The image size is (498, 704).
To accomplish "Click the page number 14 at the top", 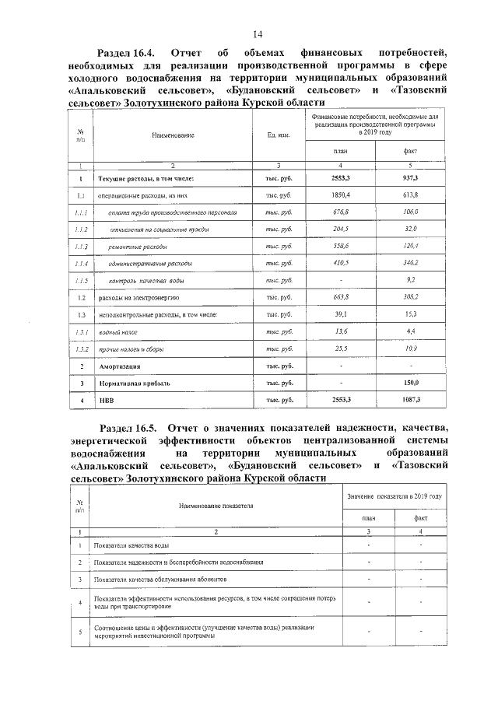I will click(x=258, y=33).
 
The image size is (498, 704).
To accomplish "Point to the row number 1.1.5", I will click(x=80, y=280).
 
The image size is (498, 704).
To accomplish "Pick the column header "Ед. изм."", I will click(x=279, y=135).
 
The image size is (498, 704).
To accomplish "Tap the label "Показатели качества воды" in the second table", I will click(x=131, y=545).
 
